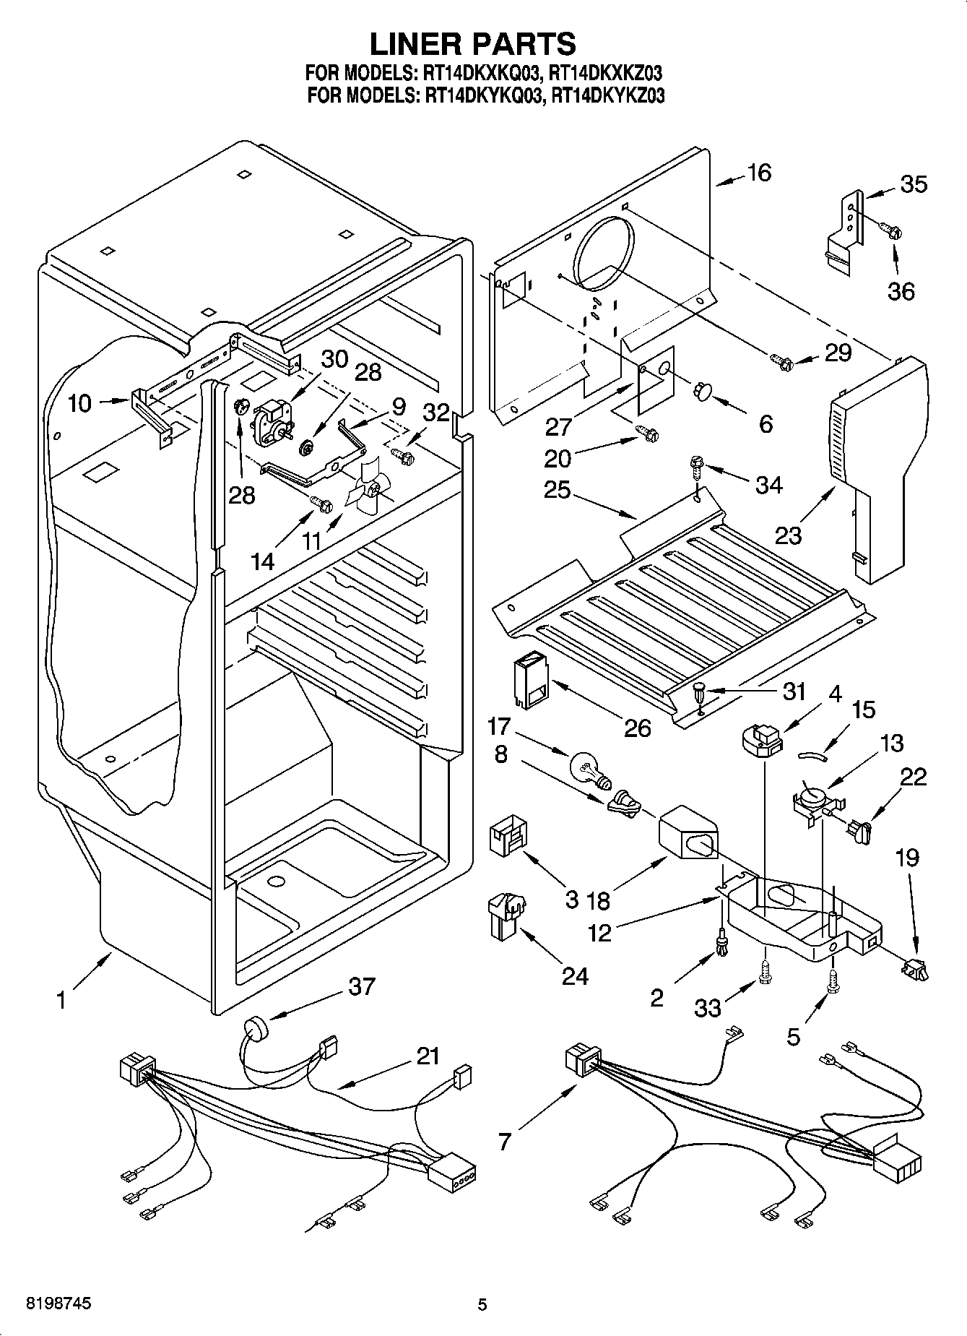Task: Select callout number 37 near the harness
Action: [361, 986]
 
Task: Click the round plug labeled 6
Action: [701, 391]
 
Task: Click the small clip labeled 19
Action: [914, 967]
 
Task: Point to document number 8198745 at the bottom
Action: [48, 1303]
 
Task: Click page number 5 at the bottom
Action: [482, 1304]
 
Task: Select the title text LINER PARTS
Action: [473, 43]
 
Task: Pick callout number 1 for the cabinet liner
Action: [62, 1001]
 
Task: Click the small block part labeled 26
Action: [532, 681]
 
